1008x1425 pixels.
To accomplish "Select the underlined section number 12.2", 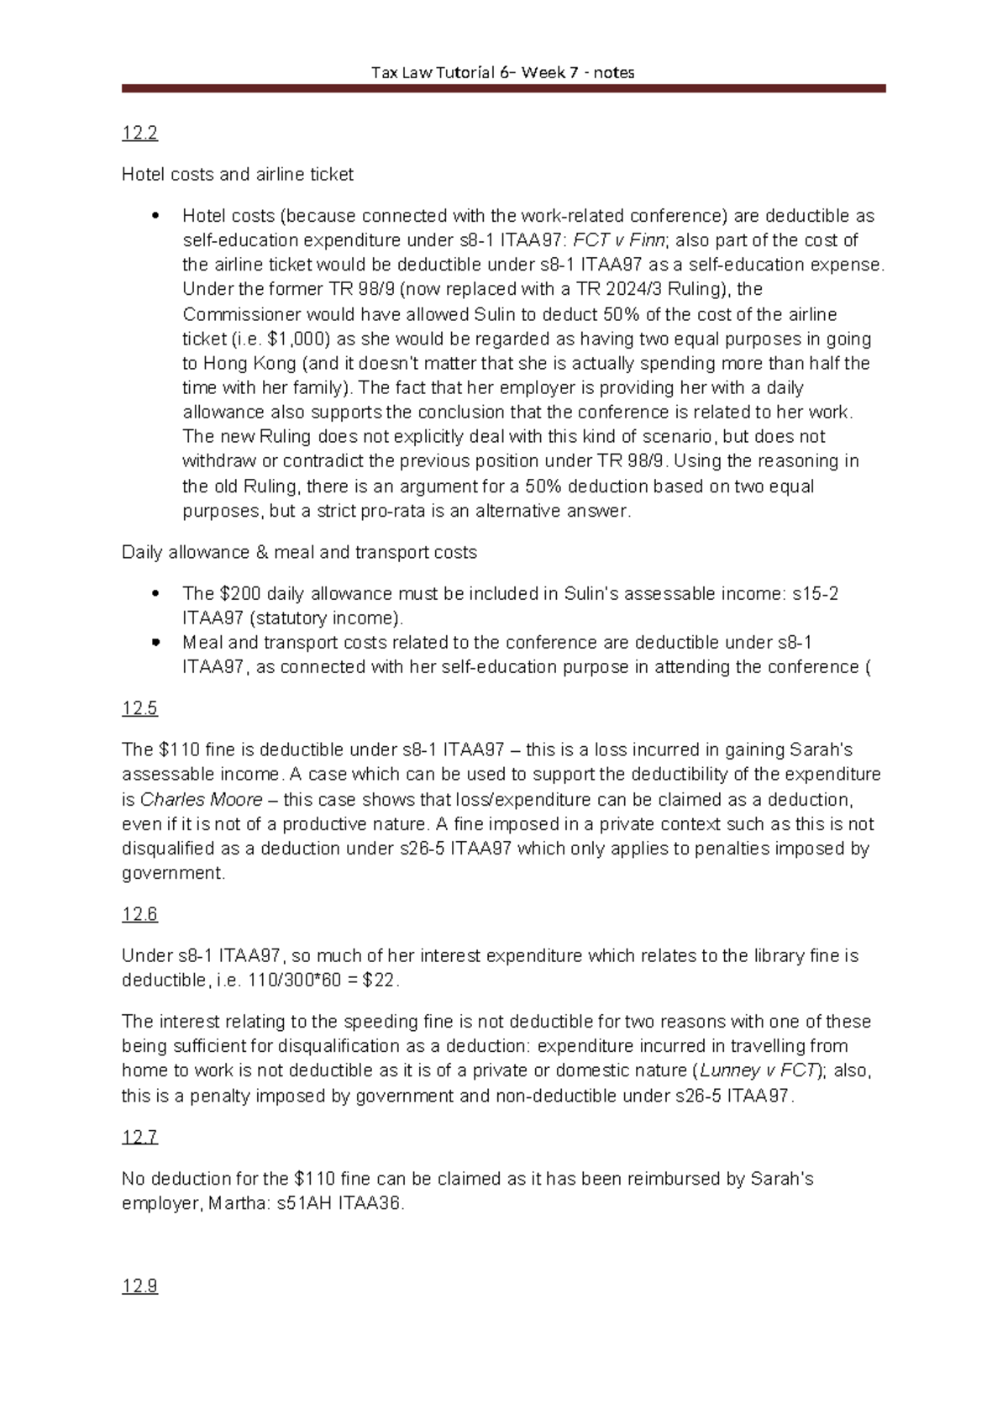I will click(x=139, y=133).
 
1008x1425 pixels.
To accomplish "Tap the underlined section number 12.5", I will click(x=139, y=708).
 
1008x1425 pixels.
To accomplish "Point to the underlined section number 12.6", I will click(x=139, y=914).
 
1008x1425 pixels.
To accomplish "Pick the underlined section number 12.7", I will click(x=139, y=1137).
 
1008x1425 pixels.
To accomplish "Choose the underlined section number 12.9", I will click(x=139, y=1286).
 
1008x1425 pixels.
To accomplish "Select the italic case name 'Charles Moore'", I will click(x=201, y=799).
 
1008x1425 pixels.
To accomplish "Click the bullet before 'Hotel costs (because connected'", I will click(x=155, y=216).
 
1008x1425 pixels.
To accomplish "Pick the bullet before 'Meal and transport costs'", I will click(x=155, y=643).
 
